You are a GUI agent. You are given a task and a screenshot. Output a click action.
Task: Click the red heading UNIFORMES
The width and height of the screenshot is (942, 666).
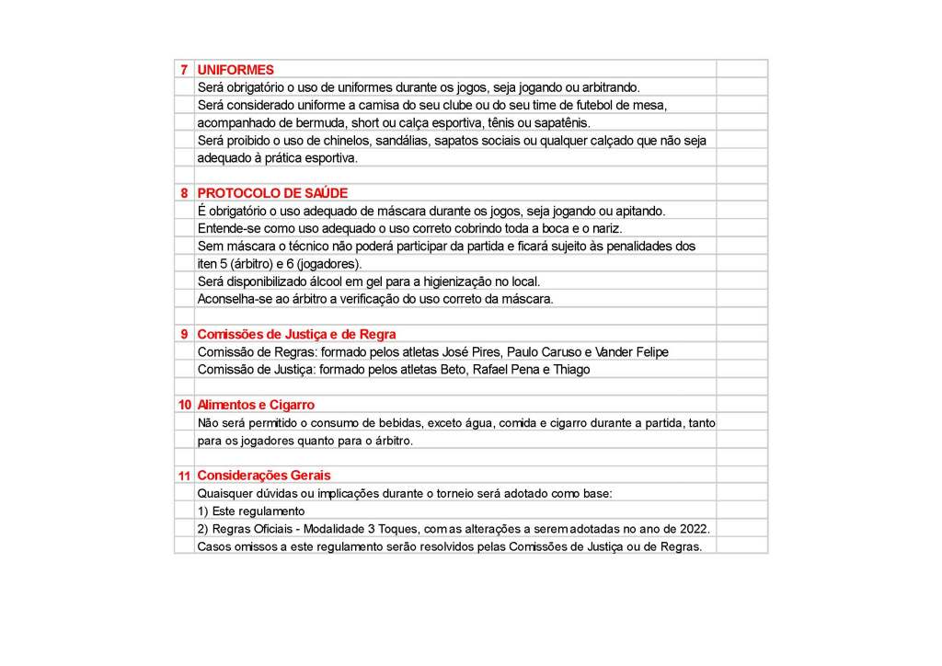235,70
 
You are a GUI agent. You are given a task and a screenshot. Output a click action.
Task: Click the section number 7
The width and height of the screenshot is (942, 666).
184,70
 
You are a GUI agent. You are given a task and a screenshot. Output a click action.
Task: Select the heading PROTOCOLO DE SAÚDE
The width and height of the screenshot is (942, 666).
272,193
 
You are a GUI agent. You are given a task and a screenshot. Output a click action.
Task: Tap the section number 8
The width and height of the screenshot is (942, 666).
184,193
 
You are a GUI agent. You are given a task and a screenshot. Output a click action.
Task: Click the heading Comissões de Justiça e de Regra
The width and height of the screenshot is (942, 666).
296,334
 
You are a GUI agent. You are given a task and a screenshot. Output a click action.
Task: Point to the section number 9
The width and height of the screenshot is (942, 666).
184,334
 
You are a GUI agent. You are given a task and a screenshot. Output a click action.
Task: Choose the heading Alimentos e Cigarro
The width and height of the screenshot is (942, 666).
256,405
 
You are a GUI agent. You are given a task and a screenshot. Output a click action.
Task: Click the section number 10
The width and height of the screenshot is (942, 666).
184,405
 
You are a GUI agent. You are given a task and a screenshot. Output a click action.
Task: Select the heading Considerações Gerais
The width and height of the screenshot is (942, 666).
264,476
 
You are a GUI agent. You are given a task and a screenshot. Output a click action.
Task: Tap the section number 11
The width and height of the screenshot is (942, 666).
184,476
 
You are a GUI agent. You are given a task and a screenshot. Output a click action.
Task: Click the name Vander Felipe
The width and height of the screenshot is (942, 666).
632,352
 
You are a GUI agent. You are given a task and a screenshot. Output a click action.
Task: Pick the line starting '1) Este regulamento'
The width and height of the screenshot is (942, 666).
251,511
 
